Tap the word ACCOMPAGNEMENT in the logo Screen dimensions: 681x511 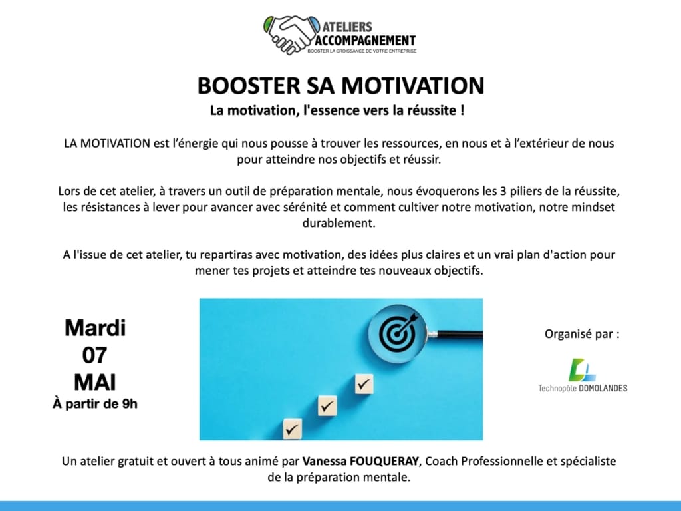365,41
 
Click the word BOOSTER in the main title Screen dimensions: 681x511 249,85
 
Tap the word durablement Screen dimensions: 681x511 339,223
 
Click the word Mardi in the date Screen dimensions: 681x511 95,328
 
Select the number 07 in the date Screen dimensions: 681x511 94,355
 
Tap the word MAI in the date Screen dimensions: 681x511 94,383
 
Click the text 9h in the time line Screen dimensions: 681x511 130,404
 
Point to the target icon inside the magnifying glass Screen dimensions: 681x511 397,333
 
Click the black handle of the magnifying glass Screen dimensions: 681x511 460,334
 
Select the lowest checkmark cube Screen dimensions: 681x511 293,429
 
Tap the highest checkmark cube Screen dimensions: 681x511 364,384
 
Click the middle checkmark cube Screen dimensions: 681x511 327,406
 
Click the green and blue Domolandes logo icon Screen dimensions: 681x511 581,369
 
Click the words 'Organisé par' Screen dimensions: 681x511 578,334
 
